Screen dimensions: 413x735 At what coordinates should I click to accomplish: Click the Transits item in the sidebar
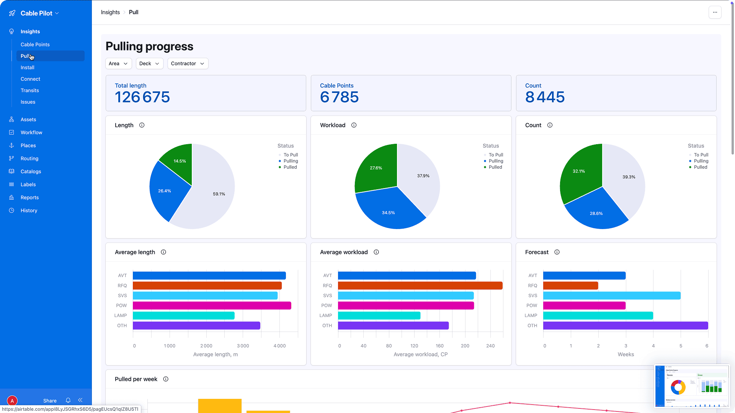click(30, 91)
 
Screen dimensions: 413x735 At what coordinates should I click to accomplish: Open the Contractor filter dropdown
click(188, 63)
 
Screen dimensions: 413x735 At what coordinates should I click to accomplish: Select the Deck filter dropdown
click(149, 63)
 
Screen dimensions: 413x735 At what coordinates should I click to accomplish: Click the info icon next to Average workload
click(376, 252)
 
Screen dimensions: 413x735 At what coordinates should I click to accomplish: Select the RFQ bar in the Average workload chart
click(420, 286)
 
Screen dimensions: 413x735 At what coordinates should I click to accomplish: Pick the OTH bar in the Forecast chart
click(625, 325)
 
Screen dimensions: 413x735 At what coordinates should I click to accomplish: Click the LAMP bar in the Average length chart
click(184, 315)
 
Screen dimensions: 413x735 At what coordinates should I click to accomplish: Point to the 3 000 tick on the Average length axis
click(243, 346)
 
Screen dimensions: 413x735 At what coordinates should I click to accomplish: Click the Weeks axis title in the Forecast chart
click(626, 354)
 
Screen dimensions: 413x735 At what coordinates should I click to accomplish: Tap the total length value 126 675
click(142, 97)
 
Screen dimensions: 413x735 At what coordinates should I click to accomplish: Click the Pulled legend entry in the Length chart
click(290, 167)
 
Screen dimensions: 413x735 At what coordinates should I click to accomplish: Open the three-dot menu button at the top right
click(715, 12)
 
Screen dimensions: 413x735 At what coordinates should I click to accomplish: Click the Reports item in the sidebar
click(29, 198)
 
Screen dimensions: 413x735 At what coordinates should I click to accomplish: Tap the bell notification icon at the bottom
click(68, 400)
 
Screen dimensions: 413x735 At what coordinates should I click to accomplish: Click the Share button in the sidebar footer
click(50, 401)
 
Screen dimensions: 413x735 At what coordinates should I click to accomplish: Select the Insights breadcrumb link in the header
click(110, 12)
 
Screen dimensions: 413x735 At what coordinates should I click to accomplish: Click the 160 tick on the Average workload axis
click(439, 346)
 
